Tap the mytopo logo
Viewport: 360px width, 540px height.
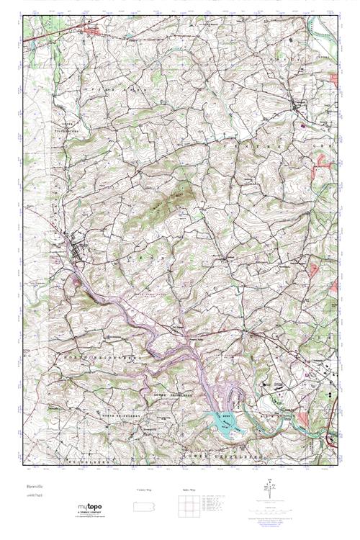[89, 508]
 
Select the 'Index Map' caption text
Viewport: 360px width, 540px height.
[186, 490]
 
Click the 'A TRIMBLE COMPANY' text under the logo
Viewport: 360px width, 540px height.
[89, 513]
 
